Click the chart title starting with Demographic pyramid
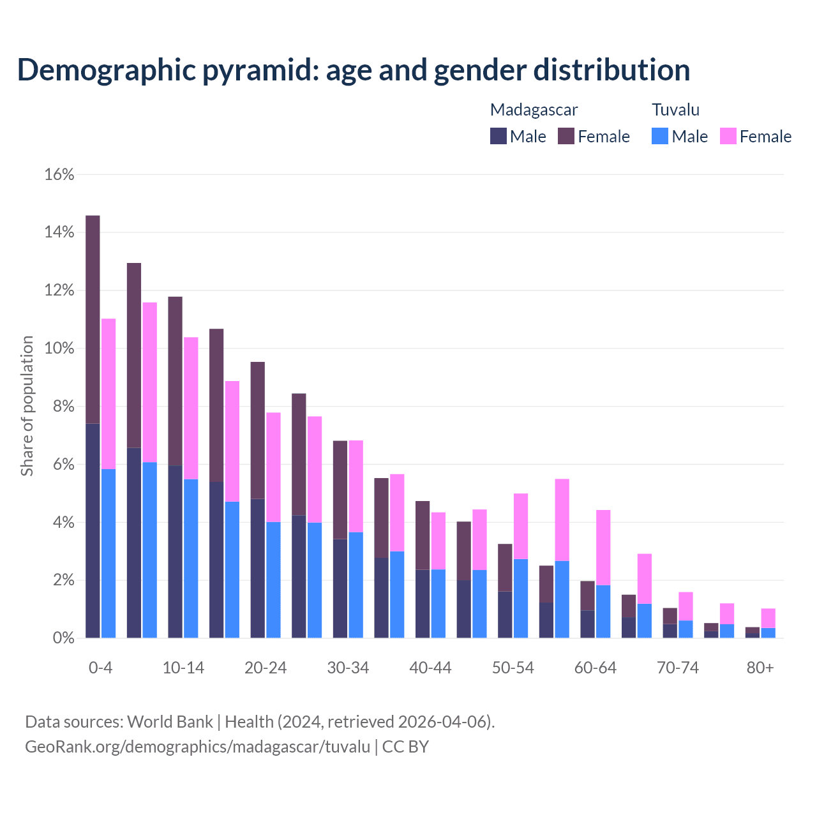click(353, 70)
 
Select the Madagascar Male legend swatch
click(498, 136)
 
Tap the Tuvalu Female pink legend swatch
click(728, 136)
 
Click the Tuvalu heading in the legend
click(675, 110)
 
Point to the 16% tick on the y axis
click(59, 174)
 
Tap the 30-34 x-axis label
click(348, 668)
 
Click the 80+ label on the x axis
click(760, 668)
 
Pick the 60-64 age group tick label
click(596, 668)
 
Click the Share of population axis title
click(27, 406)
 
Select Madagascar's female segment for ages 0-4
click(93, 319)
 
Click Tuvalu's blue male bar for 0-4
click(109, 553)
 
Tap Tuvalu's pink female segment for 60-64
click(603, 548)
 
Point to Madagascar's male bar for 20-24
click(257, 568)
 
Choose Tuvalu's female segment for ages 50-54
click(521, 526)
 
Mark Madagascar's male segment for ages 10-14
click(175, 551)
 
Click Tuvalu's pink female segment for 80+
click(768, 618)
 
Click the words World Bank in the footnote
click(170, 722)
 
